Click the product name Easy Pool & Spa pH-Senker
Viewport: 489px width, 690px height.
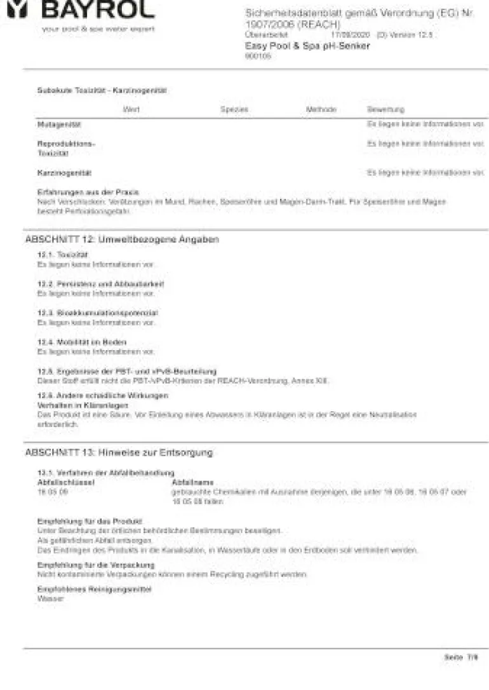[x=307, y=46]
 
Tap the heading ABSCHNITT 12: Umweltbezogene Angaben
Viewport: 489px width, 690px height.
[x=122, y=240]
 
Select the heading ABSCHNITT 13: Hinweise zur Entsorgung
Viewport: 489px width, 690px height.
[x=119, y=452]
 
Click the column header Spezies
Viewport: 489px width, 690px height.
[x=234, y=110]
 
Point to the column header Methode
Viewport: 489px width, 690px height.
[x=321, y=110]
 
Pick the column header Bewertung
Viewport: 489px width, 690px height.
[x=385, y=110]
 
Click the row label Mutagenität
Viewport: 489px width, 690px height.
[x=59, y=125]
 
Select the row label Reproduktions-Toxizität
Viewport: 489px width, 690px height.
[x=65, y=149]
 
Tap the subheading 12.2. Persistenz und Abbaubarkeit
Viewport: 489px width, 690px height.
[x=100, y=284]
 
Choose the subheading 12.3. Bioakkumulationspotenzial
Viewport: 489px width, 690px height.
[x=97, y=313]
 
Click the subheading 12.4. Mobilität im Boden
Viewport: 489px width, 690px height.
[x=81, y=342]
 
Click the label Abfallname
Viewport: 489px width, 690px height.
[x=192, y=483]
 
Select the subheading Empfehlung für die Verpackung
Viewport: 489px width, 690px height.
[x=95, y=565]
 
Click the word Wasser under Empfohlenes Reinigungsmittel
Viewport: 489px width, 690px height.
[x=50, y=599]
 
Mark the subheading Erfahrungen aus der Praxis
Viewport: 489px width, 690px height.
[x=88, y=192]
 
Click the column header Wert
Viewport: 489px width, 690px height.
[x=131, y=110]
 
